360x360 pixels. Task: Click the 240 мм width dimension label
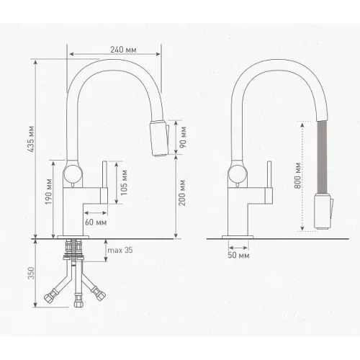point(123,50)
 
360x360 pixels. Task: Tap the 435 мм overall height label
point(31,139)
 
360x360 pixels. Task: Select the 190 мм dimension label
point(49,192)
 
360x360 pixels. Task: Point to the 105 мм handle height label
point(124,183)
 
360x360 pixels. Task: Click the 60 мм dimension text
point(96,222)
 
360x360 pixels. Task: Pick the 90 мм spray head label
point(183,137)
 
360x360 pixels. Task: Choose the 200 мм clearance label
point(182,193)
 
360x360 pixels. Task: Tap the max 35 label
point(120,250)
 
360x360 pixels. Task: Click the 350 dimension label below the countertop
point(31,273)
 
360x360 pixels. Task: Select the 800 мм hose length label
point(297,176)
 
